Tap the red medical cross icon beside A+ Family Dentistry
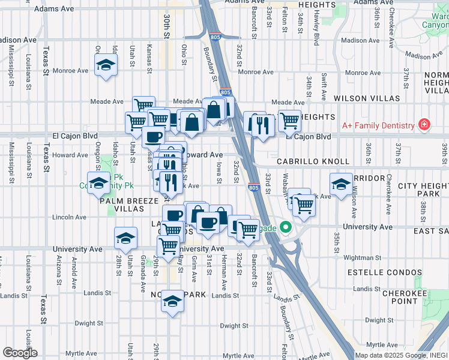coord(425,125)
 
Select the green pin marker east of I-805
coord(286,227)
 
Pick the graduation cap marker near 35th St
coord(341,183)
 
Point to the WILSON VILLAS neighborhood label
coord(367,98)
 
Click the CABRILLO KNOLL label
coord(313,162)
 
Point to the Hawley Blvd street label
coord(316,29)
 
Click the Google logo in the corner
coord(20,352)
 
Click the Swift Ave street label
coord(324,86)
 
